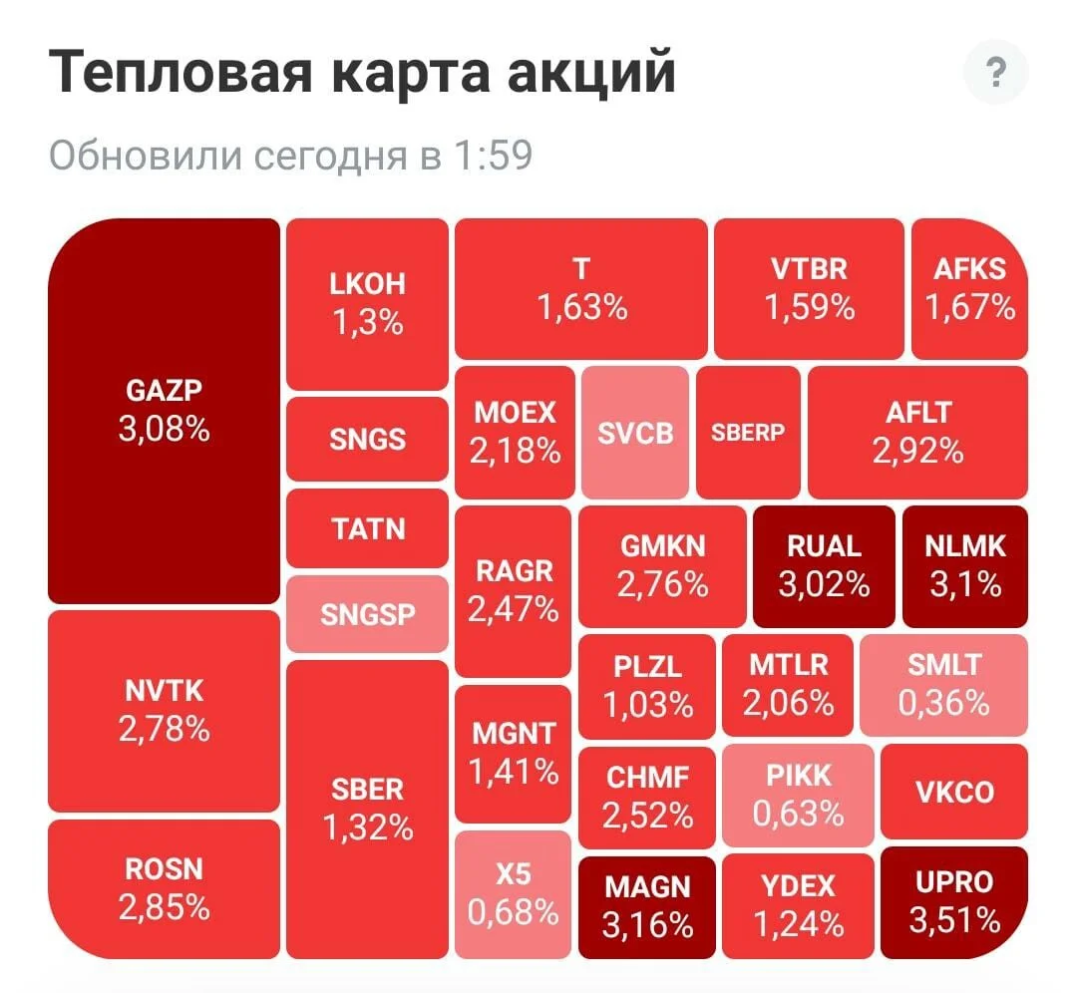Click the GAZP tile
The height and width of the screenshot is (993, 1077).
[165, 411]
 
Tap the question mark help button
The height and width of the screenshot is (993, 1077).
[995, 72]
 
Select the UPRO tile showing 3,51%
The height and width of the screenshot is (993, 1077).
[954, 902]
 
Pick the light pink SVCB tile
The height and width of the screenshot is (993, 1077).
[634, 433]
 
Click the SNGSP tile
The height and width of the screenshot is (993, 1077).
[367, 614]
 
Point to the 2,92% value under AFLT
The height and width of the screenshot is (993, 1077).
[917, 452]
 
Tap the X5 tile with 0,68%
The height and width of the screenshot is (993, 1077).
[514, 894]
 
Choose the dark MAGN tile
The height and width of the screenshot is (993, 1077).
[647, 907]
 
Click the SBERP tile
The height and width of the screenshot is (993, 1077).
[748, 433]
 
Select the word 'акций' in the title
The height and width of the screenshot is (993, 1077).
[591, 72]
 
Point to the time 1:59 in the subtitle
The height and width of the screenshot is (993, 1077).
[494, 156]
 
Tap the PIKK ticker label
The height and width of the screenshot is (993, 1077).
[799, 776]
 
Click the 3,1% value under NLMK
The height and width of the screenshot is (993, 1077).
[965, 584]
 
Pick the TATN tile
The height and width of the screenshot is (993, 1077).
[367, 528]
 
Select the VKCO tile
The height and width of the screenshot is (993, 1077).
[954, 792]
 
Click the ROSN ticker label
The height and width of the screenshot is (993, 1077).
[165, 869]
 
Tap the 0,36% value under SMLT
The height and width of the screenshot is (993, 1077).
[943, 703]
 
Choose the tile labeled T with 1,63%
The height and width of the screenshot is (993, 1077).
[581, 288]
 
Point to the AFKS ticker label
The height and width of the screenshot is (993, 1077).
[970, 268]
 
